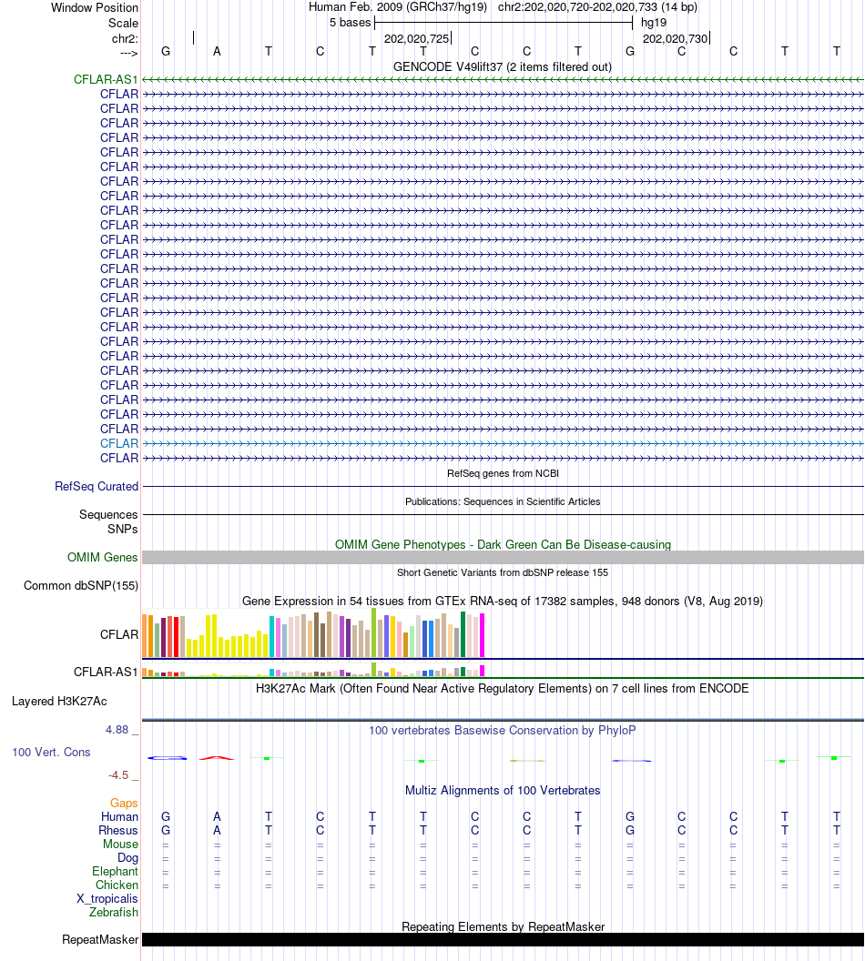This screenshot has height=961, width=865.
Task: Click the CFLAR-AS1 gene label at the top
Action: (106, 80)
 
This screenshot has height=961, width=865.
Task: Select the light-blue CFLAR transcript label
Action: (119, 443)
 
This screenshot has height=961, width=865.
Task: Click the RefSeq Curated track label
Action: (97, 487)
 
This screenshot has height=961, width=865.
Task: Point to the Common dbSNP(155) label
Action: (81, 586)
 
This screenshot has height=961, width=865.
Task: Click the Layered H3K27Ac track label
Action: (59, 702)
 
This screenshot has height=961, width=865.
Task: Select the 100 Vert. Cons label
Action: (51, 753)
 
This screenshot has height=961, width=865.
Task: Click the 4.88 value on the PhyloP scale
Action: (119, 730)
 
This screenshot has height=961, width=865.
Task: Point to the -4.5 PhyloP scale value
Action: (121, 775)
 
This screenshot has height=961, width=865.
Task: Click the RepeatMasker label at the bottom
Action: (100, 940)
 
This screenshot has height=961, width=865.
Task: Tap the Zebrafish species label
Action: (114, 912)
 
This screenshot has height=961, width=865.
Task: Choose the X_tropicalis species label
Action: (107, 898)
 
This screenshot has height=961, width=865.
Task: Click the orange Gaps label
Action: (124, 804)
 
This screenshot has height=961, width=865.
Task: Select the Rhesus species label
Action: (118, 831)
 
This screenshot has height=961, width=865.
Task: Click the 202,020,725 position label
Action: (416, 39)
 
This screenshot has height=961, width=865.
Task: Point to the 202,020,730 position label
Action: (675, 39)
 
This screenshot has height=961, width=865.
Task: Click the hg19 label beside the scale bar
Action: (654, 22)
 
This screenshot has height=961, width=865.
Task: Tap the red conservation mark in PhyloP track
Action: (217, 757)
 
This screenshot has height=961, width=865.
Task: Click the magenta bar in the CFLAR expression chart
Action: (483, 635)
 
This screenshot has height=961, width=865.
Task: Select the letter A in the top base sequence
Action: (217, 51)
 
